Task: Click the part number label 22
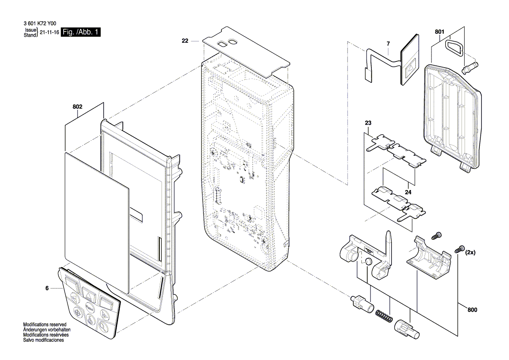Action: point(185,41)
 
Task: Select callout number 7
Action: point(388,44)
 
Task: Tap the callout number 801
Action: point(439,32)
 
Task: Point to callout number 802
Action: point(78,107)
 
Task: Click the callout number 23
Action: point(368,123)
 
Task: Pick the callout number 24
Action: point(408,192)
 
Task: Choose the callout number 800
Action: point(472,310)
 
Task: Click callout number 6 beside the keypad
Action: point(47,288)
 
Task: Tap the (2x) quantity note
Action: point(470,252)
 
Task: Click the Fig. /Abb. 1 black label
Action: point(81,32)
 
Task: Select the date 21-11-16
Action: point(49,33)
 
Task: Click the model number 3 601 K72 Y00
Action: point(40,24)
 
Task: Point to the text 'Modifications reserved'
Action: point(45,325)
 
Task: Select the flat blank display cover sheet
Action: point(97,221)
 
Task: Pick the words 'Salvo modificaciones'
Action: point(44,340)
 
